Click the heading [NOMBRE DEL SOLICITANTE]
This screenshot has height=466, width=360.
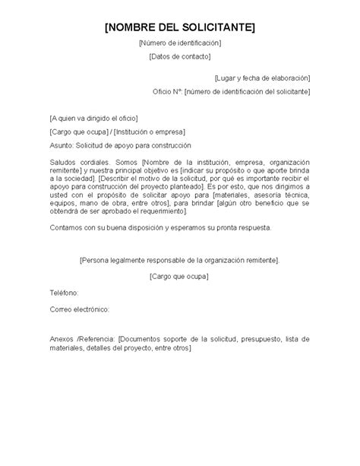tap(180, 27)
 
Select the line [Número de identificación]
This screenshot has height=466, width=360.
tap(180, 43)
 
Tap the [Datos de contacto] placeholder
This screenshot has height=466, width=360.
tap(180, 56)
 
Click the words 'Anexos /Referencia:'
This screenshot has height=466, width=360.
tap(83, 339)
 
